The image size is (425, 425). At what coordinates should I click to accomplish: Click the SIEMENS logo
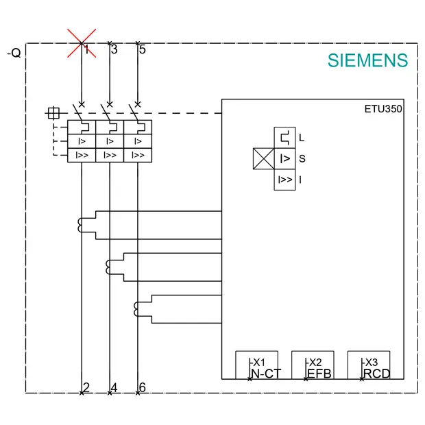pyautogui.click(x=367, y=60)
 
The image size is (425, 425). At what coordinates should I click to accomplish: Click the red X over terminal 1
pyautogui.click(x=82, y=43)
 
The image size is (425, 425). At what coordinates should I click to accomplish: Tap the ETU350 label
pyautogui.click(x=383, y=109)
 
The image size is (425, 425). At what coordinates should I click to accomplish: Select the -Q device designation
pyautogui.click(x=14, y=53)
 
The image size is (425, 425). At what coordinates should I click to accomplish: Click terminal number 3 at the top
pyautogui.click(x=114, y=49)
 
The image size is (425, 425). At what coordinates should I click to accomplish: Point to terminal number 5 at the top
pyautogui.click(x=143, y=49)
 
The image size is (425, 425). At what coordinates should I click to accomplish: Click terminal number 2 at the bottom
pyautogui.click(x=86, y=387)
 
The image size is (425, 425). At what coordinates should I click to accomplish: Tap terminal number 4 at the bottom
pyautogui.click(x=114, y=387)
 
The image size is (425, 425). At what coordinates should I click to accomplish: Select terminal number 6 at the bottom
pyautogui.click(x=143, y=387)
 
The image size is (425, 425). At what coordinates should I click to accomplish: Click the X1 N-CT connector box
pyautogui.click(x=256, y=365)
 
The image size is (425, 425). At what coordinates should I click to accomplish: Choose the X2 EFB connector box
pyautogui.click(x=313, y=365)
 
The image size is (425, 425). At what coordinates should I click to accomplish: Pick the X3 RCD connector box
pyautogui.click(x=369, y=365)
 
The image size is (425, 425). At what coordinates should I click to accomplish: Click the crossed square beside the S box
pyautogui.click(x=263, y=158)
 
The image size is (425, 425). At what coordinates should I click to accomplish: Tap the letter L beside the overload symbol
pyautogui.click(x=302, y=138)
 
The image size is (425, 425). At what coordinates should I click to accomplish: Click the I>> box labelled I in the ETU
pyautogui.click(x=284, y=180)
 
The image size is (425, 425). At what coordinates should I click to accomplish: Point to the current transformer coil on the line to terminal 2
pyautogui.click(x=80, y=226)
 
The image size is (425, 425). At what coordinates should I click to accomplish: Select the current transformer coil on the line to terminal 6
pyautogui.click(x=136, y=309)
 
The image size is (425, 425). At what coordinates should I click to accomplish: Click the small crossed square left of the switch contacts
pyautogui.click(x=53, y=113)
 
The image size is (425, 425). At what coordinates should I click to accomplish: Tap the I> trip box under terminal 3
pyautogui.click(x=110, y=141)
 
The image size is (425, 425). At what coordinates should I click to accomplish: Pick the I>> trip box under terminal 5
pyautogui.click(x=138, y=156)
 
